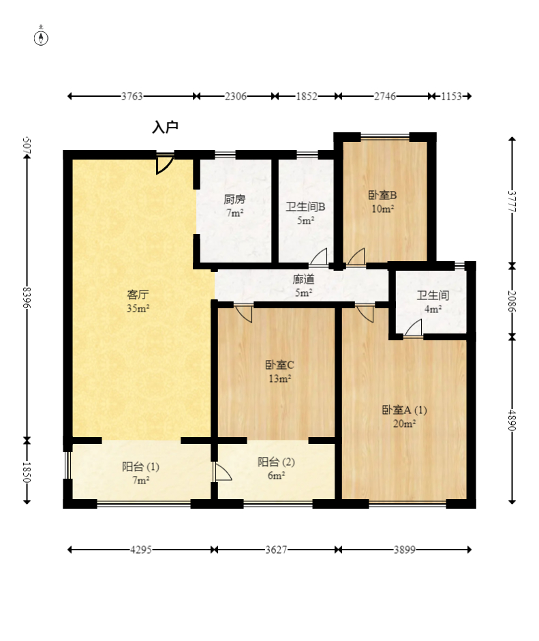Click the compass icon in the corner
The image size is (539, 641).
coord(41,35)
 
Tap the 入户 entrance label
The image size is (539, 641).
coord(165,127)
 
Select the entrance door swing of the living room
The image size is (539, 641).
coord(165,164)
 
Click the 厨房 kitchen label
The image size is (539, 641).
coord(234,199)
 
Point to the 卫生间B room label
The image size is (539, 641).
coord(305,207)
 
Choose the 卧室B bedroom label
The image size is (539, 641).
coord(382,195)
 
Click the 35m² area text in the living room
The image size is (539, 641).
coord(138,308)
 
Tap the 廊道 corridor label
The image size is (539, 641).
coord(304,279)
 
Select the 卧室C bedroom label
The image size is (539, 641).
coord(279,365)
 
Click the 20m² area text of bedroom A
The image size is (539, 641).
coord(404,423)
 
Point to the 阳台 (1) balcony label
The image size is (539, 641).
coord(140,466)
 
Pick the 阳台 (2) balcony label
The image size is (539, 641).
coord(276,462)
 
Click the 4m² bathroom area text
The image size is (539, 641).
coord(433,309)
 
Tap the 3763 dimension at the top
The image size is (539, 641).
coord(132,96)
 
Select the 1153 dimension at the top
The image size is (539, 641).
coord(451,96)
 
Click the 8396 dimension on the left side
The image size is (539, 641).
coord(27,297)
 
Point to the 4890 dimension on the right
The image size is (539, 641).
coord(512,420)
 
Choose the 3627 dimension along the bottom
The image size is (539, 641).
coord(276,550)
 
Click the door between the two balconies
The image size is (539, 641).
coord(222,473)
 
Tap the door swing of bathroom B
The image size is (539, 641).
coord(319,256)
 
